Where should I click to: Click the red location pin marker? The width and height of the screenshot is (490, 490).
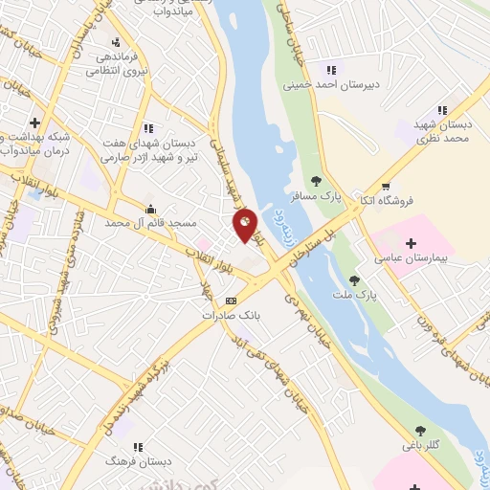coord(246,224)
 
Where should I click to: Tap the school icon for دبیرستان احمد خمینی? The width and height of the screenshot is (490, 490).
coord(331,69)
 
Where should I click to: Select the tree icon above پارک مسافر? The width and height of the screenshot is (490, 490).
coord(316,180)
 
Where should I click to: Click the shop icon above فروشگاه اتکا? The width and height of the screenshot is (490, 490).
coord(385,187)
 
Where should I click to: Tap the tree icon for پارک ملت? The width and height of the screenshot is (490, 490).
coord(354,280)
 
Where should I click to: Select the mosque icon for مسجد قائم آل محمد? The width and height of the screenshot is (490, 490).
coord(149,209)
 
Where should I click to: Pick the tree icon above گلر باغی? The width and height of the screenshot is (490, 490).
coord(419,431)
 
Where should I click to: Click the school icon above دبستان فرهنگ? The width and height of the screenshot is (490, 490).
coord(138,447)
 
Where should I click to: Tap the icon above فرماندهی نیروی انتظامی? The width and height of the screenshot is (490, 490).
coord(116,41)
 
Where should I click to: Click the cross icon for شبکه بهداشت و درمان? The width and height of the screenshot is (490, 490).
coord(34,122)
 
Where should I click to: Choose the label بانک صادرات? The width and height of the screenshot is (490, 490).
coord(231,314)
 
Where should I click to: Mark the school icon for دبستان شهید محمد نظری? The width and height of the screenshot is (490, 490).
coord(441,111)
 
